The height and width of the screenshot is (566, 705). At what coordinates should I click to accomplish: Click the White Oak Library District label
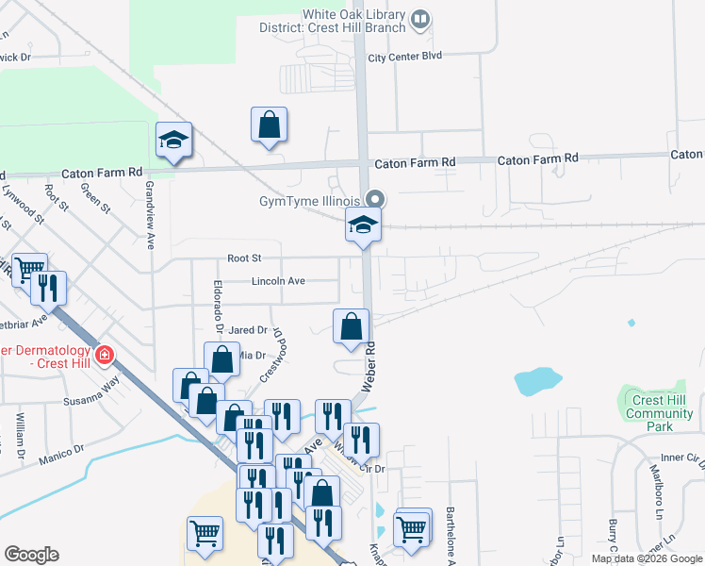[x=353, y=20]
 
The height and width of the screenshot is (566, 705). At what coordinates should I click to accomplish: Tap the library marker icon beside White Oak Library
[x=420, y=17]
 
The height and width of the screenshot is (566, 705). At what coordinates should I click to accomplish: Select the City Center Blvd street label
[x=404, y=58]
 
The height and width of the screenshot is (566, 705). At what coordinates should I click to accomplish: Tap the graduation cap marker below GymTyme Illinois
[x=363, y=226]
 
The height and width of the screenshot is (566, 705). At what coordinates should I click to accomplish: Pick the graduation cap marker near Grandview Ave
[x=174, y=141]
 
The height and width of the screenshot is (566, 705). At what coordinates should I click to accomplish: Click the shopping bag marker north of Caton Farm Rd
[x=269, y=125]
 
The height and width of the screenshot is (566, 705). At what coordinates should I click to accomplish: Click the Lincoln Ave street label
[x=278, y=281]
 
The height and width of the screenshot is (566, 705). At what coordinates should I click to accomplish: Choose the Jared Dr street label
[x=247, y=330]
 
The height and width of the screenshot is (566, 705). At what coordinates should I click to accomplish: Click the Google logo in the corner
[x=31, y=555]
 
